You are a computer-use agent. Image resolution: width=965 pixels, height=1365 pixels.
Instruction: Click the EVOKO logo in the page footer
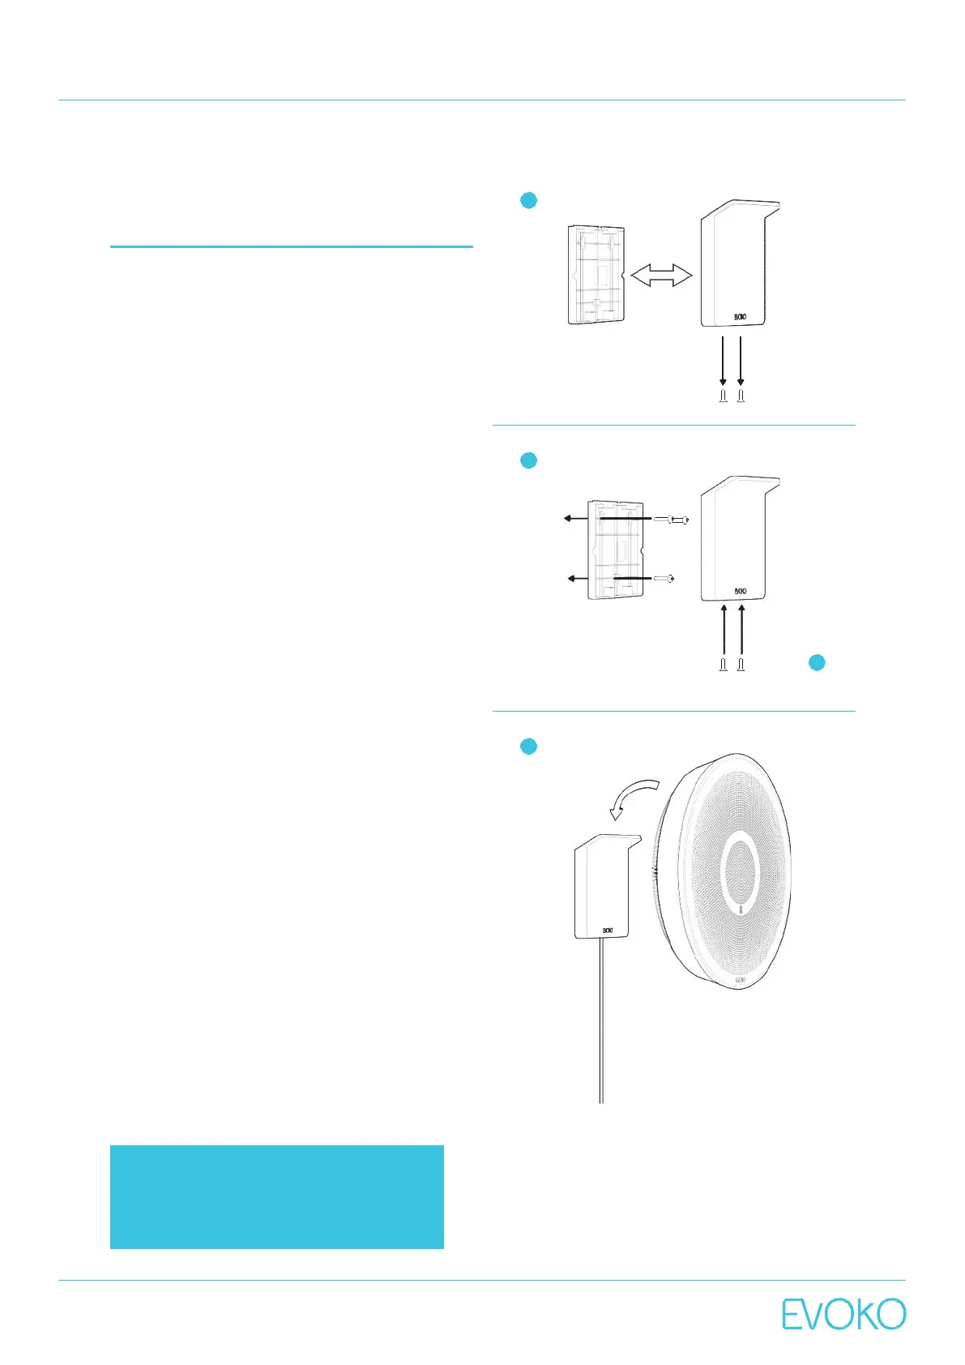pos(843,1315)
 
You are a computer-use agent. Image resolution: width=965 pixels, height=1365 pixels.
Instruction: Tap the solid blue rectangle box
pos(276,1196)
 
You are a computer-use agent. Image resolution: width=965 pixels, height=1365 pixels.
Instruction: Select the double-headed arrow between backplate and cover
pos(661,276)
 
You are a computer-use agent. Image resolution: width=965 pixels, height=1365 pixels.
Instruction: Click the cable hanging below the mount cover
pos(600,1021)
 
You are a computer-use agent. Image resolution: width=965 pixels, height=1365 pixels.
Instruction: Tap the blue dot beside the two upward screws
pos(817,662)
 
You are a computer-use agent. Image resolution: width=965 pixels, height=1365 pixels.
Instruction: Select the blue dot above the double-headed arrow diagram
pos(528,200)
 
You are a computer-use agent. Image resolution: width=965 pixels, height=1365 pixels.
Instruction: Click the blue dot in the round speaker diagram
pos(528,747)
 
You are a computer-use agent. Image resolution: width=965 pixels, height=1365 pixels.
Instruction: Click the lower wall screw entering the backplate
pos(664,579)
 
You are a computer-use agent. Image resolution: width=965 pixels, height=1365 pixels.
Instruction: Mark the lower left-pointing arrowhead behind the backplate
pos(573,579)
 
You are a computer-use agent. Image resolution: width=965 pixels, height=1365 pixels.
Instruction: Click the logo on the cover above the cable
pos(607,931)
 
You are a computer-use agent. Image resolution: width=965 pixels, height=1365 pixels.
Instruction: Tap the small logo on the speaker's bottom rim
pos(740,980)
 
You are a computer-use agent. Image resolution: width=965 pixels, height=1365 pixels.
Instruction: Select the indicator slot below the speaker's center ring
pos(742,910)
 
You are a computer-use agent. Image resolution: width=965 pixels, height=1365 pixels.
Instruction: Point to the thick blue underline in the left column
pos(291,246)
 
